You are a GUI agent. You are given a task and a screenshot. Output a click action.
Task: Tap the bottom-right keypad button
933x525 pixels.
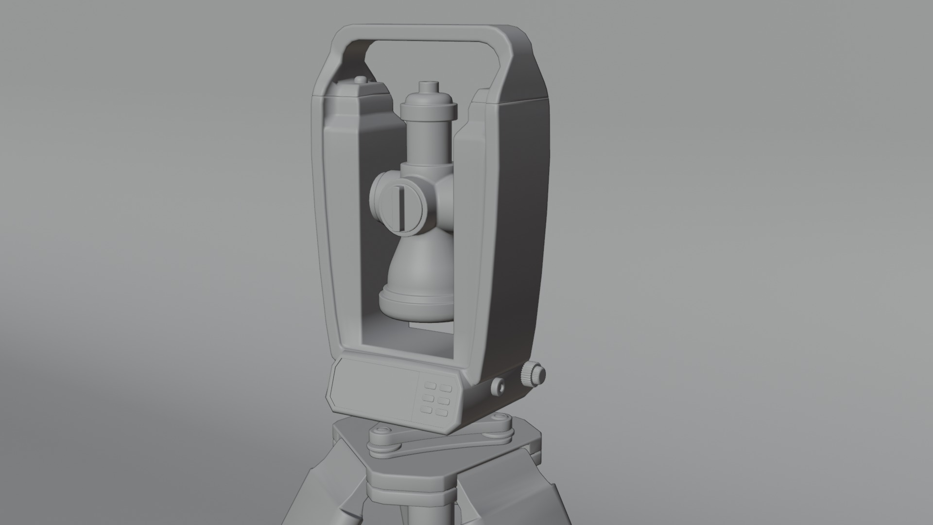(442, 413)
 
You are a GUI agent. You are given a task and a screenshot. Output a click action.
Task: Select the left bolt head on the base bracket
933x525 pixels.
(381, 431)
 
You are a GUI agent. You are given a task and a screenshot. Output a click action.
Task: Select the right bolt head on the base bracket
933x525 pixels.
(500, 419)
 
